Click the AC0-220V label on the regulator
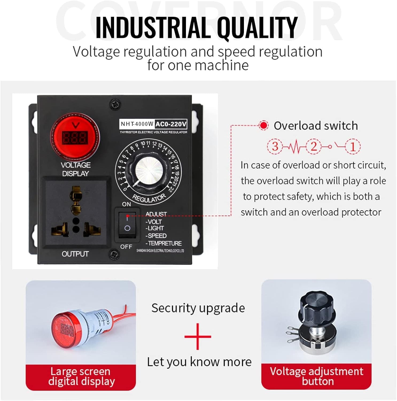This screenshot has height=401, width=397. point(171,124)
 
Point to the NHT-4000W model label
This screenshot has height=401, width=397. point(137,124)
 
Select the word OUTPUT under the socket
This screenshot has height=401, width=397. point(75,254)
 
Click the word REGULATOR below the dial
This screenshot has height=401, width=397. point(149,198)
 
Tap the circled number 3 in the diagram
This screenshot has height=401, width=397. point(275,146)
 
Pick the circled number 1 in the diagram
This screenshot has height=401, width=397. point(353,146)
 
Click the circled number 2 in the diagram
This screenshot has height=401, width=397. point(314,146)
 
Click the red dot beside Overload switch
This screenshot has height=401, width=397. point(264,125)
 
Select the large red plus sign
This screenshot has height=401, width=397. point(198,336)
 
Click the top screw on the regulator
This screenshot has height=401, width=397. point(116,104)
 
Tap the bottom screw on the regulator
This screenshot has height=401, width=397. point(114,254)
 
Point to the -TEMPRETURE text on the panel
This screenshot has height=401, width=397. point(164,243)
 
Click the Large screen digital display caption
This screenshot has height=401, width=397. point(81,376)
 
